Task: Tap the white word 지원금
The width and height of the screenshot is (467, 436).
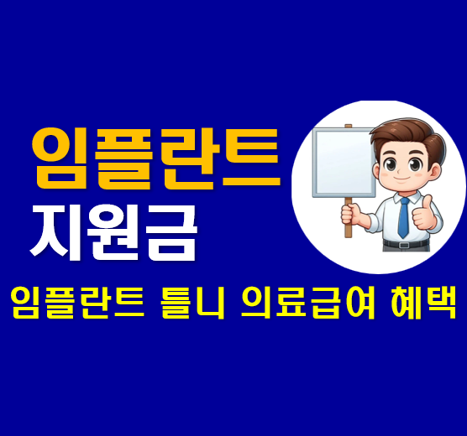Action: [113, 229]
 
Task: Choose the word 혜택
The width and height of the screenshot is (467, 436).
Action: [420, 301]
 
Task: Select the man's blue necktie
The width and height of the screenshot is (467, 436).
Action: [403, 217]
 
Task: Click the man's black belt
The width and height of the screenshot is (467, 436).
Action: [404, 245]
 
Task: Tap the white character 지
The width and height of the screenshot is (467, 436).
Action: [57, 229]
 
